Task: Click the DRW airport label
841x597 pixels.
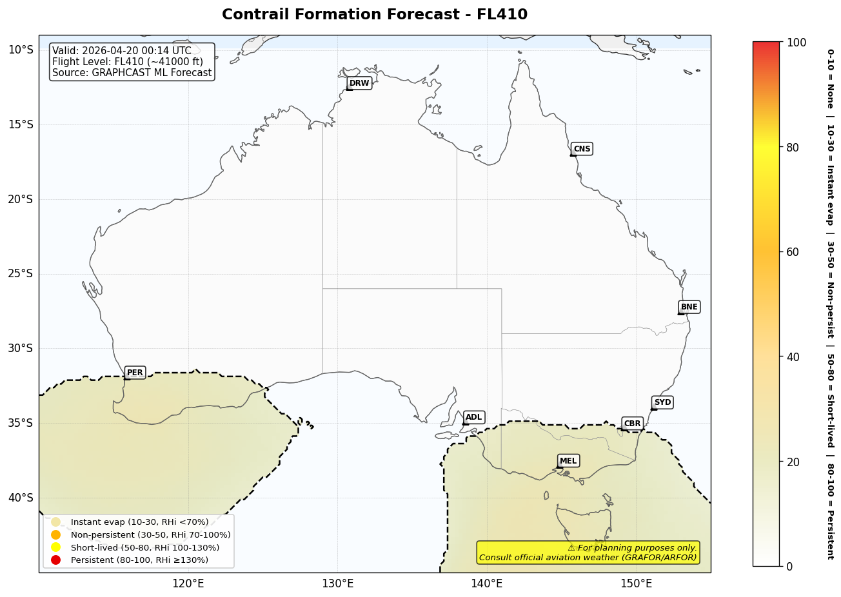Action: [359, 83]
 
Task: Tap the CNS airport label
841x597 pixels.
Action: [582, 149]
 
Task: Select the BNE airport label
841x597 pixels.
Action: [689, 307]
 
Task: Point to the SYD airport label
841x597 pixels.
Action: [662, 402]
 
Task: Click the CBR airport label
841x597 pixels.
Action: [632, 424]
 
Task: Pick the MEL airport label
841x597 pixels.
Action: [568, 460]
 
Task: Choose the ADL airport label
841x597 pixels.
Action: [473, 417]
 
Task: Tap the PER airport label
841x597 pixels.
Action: [135, 373]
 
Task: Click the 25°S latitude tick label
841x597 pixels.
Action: [20, 273]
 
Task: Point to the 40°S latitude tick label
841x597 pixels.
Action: [20, 497]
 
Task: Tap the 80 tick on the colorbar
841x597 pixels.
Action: [793, 147]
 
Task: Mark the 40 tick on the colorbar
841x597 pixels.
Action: [793, 357]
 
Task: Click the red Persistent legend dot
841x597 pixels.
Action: [55, 560]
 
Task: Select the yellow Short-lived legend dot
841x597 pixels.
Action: [55, 547]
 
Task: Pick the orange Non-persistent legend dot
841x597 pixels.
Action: [55, 534]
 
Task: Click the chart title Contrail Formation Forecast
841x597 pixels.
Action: [374, 14]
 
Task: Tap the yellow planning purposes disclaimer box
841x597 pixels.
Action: [588, 553]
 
